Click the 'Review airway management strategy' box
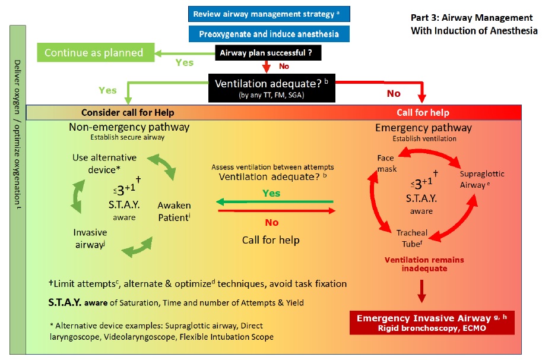pyautogui.click(x=269, y=13)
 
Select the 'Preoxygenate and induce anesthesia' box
pyautogui.click(x=269, y=33)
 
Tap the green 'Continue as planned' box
pyautogui.click(x=94, y=52)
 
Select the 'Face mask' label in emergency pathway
pyautogui.click(x=386, y=163)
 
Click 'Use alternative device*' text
pyautogui.click(x=104, y=163)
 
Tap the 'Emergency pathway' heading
pyautogui.click(x=423, y=127)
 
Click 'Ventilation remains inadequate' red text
pyautogui.click(x=424, y=264)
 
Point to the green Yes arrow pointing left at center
pyautogui.click(x=273, y=203)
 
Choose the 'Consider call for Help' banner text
pyautogui.click(x=128, y=113)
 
